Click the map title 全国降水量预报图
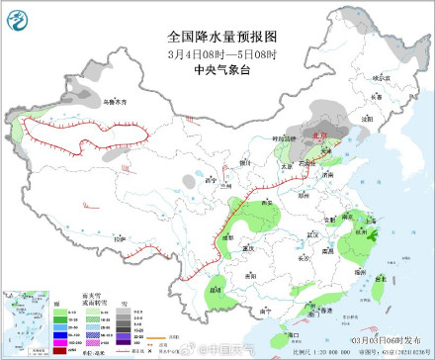217,33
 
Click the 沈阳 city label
367,117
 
